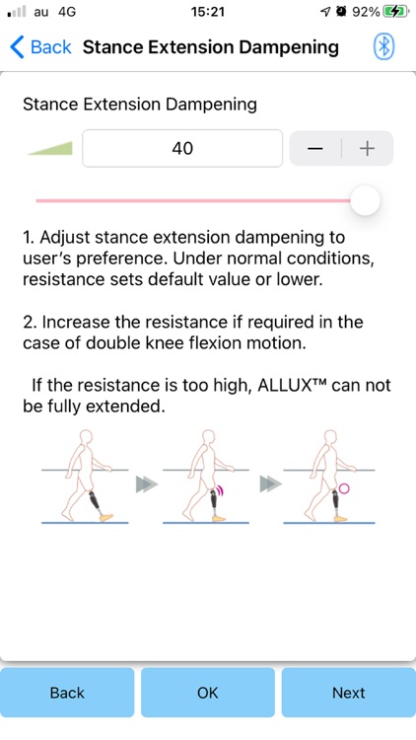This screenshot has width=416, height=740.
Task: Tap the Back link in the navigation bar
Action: (40, 46)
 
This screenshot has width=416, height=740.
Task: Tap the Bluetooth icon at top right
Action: (383, 46)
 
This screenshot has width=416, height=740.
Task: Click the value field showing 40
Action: (181, 149)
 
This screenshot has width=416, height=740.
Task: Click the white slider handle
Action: (366, 200)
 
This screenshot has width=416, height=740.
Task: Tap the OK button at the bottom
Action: (207, 693)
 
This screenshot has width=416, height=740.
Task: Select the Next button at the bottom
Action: (348, 693)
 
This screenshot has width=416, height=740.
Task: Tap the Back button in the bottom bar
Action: (67, 693)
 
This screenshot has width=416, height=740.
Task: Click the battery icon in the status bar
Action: (397, 11)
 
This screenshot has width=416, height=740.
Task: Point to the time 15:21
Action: (207, 11)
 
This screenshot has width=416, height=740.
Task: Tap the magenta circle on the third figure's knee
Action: (344, 489)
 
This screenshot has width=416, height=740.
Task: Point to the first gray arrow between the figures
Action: (146, 484)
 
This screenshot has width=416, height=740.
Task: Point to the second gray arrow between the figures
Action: (270, 484)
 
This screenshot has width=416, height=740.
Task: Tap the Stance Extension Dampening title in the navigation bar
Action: (211, 46)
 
